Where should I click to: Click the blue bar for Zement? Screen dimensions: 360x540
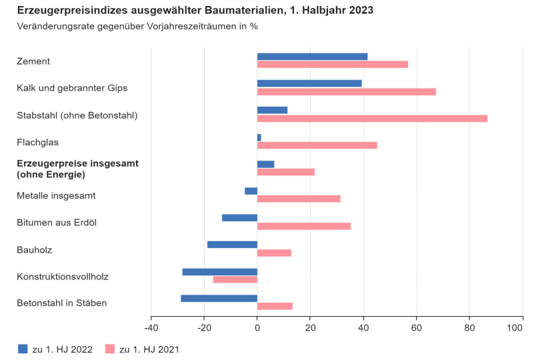click(312, 57)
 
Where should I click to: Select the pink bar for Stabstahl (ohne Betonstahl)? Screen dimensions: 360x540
click(372, 119)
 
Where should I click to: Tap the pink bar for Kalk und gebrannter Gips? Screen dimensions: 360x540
click(346, 91)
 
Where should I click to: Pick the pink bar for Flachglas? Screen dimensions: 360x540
click(317, 145)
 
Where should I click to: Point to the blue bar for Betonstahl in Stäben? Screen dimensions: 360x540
click(219, 298)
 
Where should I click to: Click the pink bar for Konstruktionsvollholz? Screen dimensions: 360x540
click(235, 279)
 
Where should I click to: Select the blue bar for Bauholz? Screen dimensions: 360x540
click(232, 245)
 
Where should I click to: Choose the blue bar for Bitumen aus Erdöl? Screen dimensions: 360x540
click(239, 217)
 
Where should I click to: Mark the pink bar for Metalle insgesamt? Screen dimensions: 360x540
click(299, 199)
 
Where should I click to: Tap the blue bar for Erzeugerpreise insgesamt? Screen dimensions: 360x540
click(265, 164)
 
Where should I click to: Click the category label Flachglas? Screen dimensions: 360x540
click(37, 142)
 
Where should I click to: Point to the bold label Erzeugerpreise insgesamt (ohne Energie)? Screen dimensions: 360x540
click(77, 169)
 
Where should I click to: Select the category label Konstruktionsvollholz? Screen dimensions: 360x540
click(63, 276)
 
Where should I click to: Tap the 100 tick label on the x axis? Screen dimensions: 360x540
click(515, 328)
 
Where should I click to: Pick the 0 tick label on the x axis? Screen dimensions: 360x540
click(257, 328)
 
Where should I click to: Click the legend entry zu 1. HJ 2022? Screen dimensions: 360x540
click(56, 349)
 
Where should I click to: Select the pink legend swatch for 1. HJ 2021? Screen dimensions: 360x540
click(110, 349)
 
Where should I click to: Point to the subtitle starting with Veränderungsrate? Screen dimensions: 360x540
click(137, 27)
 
